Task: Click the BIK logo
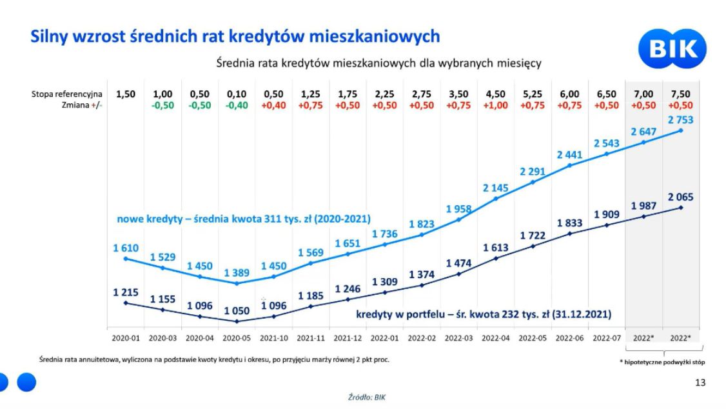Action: point(672,50)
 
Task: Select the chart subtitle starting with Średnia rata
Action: point(378,63)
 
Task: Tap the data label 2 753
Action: point(681,120)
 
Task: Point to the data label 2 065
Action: point(681,197)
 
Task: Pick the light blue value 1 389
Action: point(237,274)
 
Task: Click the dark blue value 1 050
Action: point(237,311)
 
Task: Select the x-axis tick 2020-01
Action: point(125,337)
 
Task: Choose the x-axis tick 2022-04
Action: point(496,337)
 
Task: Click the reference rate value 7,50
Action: point(682,94)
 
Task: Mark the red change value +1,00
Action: point(496,105)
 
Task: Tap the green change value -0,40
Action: point(237,105)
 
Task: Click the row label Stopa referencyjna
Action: point(66,94)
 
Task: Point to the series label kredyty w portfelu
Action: point(484,315)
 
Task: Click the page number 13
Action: point(700,383)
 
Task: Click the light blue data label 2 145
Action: point(496,188)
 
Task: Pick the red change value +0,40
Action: point(274,105)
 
